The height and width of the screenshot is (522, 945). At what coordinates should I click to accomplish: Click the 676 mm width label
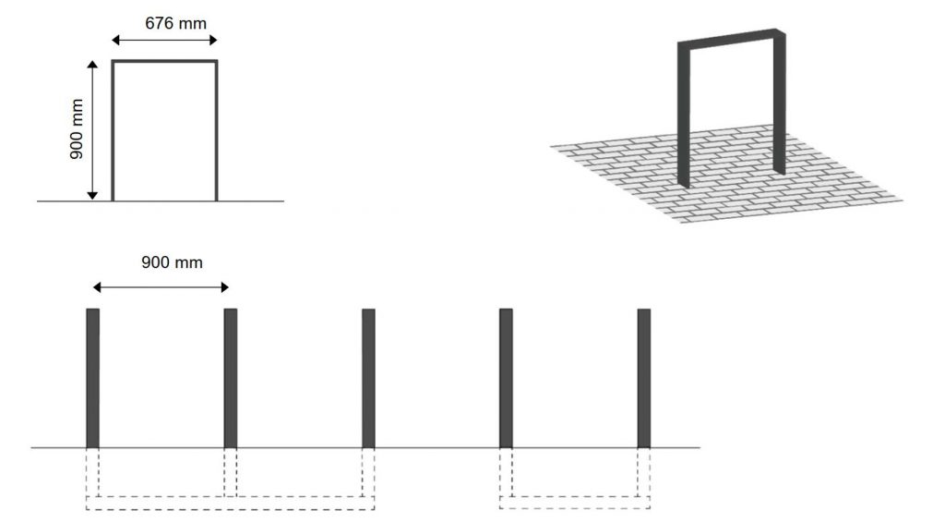point(176,23)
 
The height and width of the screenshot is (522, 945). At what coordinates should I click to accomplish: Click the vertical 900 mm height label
point(77,129)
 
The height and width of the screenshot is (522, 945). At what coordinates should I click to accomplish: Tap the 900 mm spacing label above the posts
point(172,262)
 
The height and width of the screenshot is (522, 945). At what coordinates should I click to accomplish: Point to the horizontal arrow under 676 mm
point(164,41)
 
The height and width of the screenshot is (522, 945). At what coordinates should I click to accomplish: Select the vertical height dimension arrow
point(92,129)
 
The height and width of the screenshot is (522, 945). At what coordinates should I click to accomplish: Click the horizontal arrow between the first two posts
point(161,287)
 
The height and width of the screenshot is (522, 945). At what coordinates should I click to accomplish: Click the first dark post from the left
point(93,379)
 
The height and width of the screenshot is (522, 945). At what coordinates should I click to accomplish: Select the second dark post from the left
point(230,379)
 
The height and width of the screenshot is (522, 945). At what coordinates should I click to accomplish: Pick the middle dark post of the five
point(368,379)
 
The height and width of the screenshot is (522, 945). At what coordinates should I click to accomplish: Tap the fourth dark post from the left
point(507,379)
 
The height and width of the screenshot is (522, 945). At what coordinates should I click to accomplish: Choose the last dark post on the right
point(643,379)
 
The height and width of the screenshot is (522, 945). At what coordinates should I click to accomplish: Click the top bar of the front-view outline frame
point(164,61)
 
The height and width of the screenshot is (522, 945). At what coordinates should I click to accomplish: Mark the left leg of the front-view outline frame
point(113,130)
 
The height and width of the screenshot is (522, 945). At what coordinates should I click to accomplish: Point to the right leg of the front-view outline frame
point(216,130)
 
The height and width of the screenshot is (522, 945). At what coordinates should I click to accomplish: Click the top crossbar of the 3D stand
point(731,37)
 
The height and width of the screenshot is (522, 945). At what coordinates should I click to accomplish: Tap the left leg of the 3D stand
point(683,115)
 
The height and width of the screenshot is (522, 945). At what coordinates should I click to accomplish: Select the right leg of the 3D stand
point(779,103)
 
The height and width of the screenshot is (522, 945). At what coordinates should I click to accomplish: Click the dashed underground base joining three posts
point(230,504)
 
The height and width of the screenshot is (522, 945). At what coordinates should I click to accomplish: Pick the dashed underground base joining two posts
point(575,503)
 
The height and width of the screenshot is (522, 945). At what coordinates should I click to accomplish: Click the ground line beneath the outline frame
point(161,201)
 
